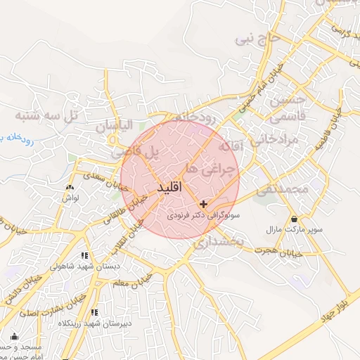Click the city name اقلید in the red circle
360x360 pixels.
point(167,188)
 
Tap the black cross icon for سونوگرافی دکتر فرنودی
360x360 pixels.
point(204,204)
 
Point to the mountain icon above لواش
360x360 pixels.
point(69,188)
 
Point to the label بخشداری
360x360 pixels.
point(217,243)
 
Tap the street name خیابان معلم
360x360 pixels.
point(133,280)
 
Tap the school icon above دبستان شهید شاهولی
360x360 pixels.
point(85,256)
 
